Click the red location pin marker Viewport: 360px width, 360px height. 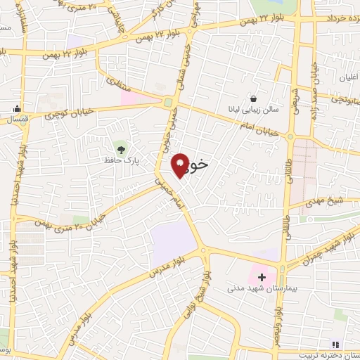[x=181, y=165]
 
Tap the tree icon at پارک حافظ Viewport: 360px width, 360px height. [x=121, y=148]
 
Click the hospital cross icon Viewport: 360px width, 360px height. [x=262, y=277]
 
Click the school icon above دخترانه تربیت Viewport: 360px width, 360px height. [x=336, y=342]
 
